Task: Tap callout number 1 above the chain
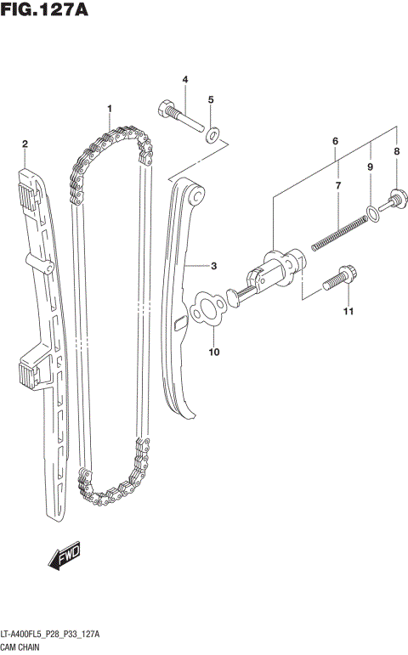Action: pyautogui.click(x=110, y=109)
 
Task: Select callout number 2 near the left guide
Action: pyautogui.click(x=25, y=144)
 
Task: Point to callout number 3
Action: pyautogui.click(x=184, y=79)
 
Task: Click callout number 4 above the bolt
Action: pyautogui.click(x=211, y=100)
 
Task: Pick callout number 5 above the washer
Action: pyautogui.click(x=336, y=140)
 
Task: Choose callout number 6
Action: pyautogui.click(x=337, y=185)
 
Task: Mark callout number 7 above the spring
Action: pyautogui.click(x=395, y=152)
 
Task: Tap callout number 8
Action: pyautogui.click(x=371, y=167)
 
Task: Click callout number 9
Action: pyautogui.click(x=213, y=351)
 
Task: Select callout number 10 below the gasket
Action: pyautogui.click(x=347, y=313)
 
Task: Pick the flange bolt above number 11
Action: pyautogui.click(x=206, y=308)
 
